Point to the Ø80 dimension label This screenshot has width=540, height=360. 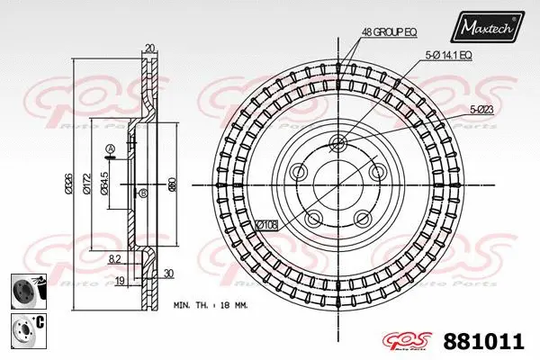pos(171,185)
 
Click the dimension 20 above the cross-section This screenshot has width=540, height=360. pos(148,49)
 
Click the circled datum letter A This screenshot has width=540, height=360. pos(110,148)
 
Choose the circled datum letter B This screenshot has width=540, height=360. pos(142,193)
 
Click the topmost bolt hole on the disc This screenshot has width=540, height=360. pos(338,143)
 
